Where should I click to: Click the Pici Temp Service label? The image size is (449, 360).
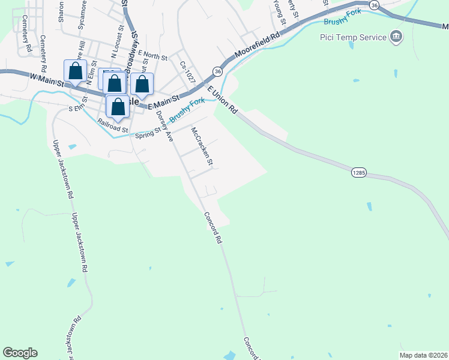point(352,38)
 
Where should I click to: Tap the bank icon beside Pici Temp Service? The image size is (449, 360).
point(396,38)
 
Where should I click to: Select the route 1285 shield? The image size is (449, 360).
point(359,173)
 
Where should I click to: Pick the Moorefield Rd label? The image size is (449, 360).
point(258,45)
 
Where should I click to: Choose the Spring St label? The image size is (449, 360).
point(149,132)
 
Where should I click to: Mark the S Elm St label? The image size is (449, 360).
point(79,109)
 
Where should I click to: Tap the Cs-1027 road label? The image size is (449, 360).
point(188,71)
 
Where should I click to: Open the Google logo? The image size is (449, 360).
point(20,353)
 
